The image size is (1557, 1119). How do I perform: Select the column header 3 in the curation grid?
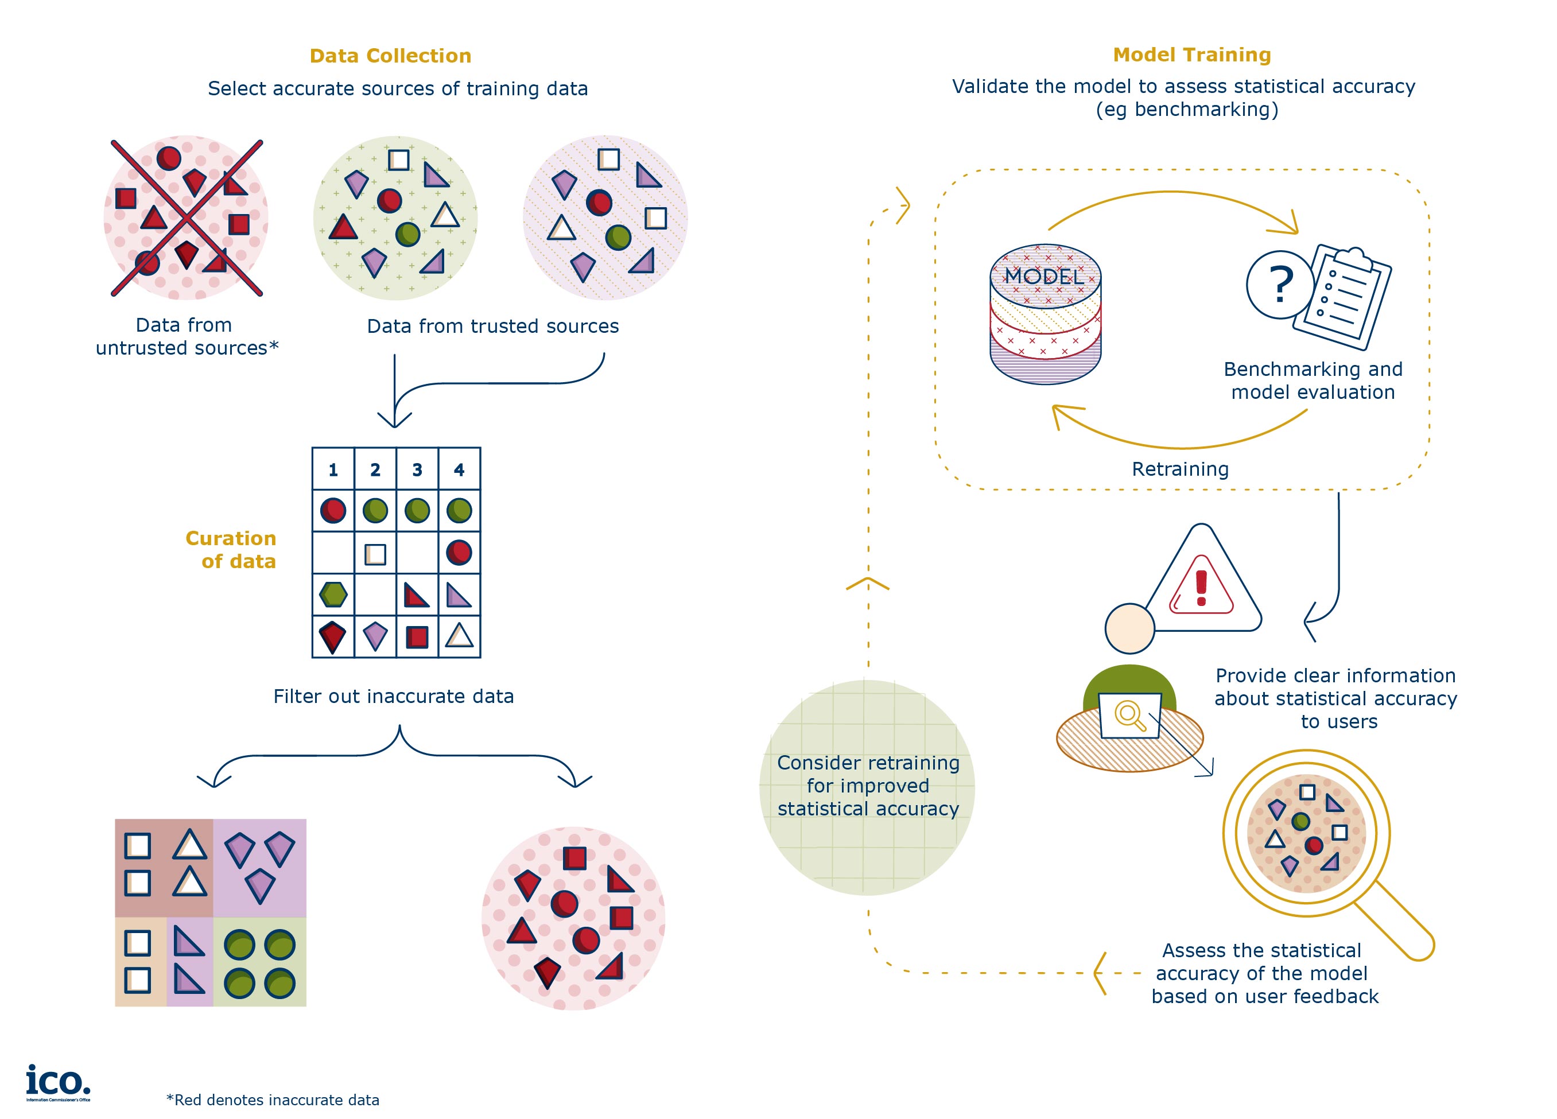[417, 469]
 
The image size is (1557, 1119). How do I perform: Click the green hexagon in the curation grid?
[333, 595]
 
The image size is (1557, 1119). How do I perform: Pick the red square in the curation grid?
[417, 637]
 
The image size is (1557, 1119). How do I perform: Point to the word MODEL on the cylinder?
[1044, 276]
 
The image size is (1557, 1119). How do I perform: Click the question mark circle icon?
[1280, 284]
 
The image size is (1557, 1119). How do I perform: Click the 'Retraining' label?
[1179, 469]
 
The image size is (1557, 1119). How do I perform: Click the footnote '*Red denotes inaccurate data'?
[273, 1100]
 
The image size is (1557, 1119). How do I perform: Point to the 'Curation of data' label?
[231, 549]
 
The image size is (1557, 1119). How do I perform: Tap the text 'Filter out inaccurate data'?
[393, 696]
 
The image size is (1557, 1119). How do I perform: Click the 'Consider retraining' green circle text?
[868, 786]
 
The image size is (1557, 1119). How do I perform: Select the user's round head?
[1129, 628]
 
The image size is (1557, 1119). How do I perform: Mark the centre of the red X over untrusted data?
[187, 218]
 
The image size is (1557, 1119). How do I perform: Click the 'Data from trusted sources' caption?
[492, 326]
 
